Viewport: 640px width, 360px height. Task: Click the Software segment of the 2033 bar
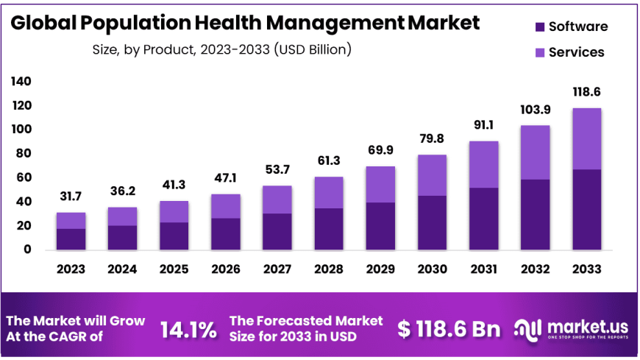pos(586,210)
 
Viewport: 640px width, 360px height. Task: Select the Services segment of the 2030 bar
pos(433,175)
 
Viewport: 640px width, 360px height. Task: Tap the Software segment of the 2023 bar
pos(71,239)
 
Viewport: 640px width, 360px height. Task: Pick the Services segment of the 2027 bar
pos(277,200)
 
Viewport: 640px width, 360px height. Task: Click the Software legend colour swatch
pos(538,27)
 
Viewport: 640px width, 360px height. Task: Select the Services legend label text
pos(577,52)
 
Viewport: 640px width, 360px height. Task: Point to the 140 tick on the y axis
pos(21,82)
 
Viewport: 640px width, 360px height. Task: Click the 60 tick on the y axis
pos(24,177)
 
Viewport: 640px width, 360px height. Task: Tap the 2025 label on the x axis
pos(174,269)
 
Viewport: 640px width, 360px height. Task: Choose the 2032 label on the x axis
pos(535,269)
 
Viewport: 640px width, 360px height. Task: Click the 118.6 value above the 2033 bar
pos(586,92)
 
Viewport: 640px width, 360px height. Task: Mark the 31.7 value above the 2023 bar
pos(71,197)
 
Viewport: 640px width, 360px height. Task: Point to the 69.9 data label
pos(380,150)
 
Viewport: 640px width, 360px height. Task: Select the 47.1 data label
pos(226,177)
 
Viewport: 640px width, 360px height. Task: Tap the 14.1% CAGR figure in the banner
pos(188,329)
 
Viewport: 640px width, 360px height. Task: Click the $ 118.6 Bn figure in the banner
pos(449,329)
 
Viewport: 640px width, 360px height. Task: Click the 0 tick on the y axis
pos(28,250)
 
